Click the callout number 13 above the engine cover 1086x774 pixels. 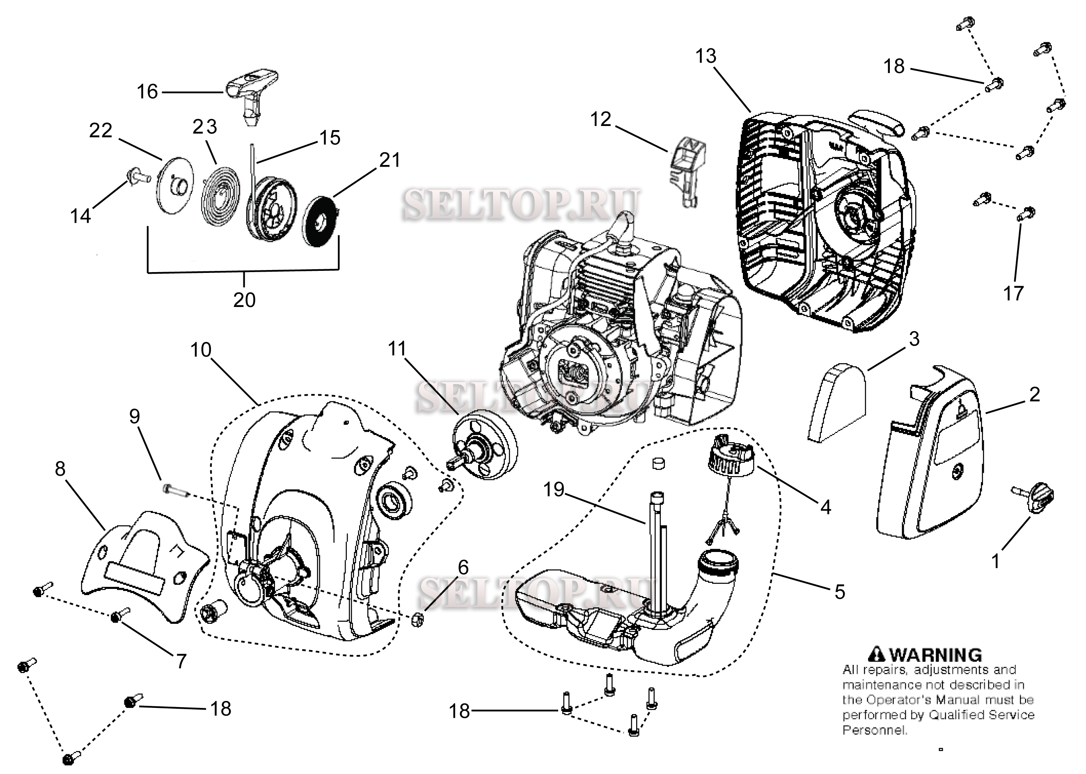coord(705,56)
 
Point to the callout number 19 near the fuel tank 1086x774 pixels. coord(554,490)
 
